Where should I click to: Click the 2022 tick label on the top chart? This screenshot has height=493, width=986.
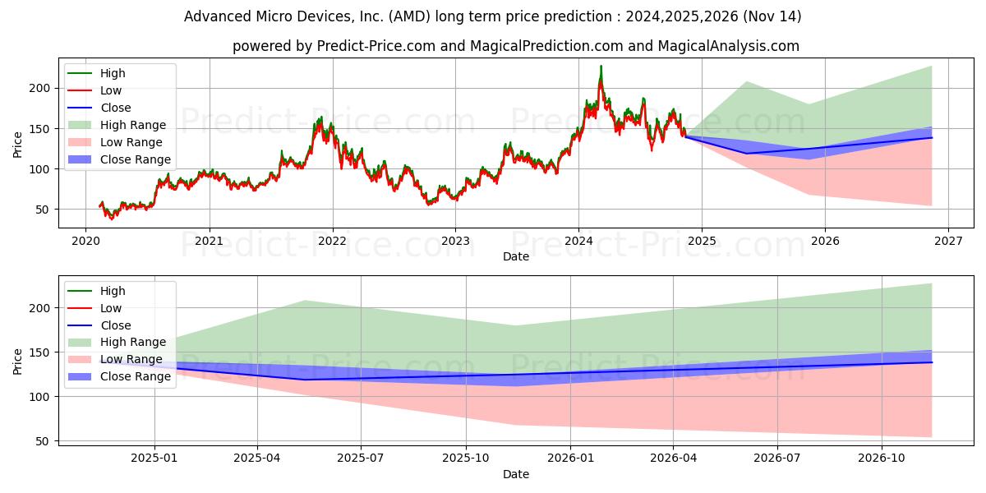333,241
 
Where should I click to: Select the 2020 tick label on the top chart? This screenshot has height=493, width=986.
86,241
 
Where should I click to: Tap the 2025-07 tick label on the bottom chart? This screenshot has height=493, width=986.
362,458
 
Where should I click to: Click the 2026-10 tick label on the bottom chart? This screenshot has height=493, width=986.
882,458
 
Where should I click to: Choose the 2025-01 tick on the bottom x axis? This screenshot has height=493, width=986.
154,458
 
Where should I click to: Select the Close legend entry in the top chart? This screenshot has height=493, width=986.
115,108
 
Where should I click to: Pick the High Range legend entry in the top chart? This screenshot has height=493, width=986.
133,125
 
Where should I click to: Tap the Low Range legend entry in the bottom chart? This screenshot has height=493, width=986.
131,359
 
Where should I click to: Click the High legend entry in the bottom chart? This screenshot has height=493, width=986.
113,291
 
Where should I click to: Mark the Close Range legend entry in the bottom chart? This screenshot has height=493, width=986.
136,376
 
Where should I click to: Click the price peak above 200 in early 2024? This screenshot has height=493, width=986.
601,67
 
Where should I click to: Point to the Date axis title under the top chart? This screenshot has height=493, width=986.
516,256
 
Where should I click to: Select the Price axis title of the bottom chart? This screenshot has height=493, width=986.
18,361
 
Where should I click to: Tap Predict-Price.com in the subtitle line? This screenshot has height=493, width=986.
377,46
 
